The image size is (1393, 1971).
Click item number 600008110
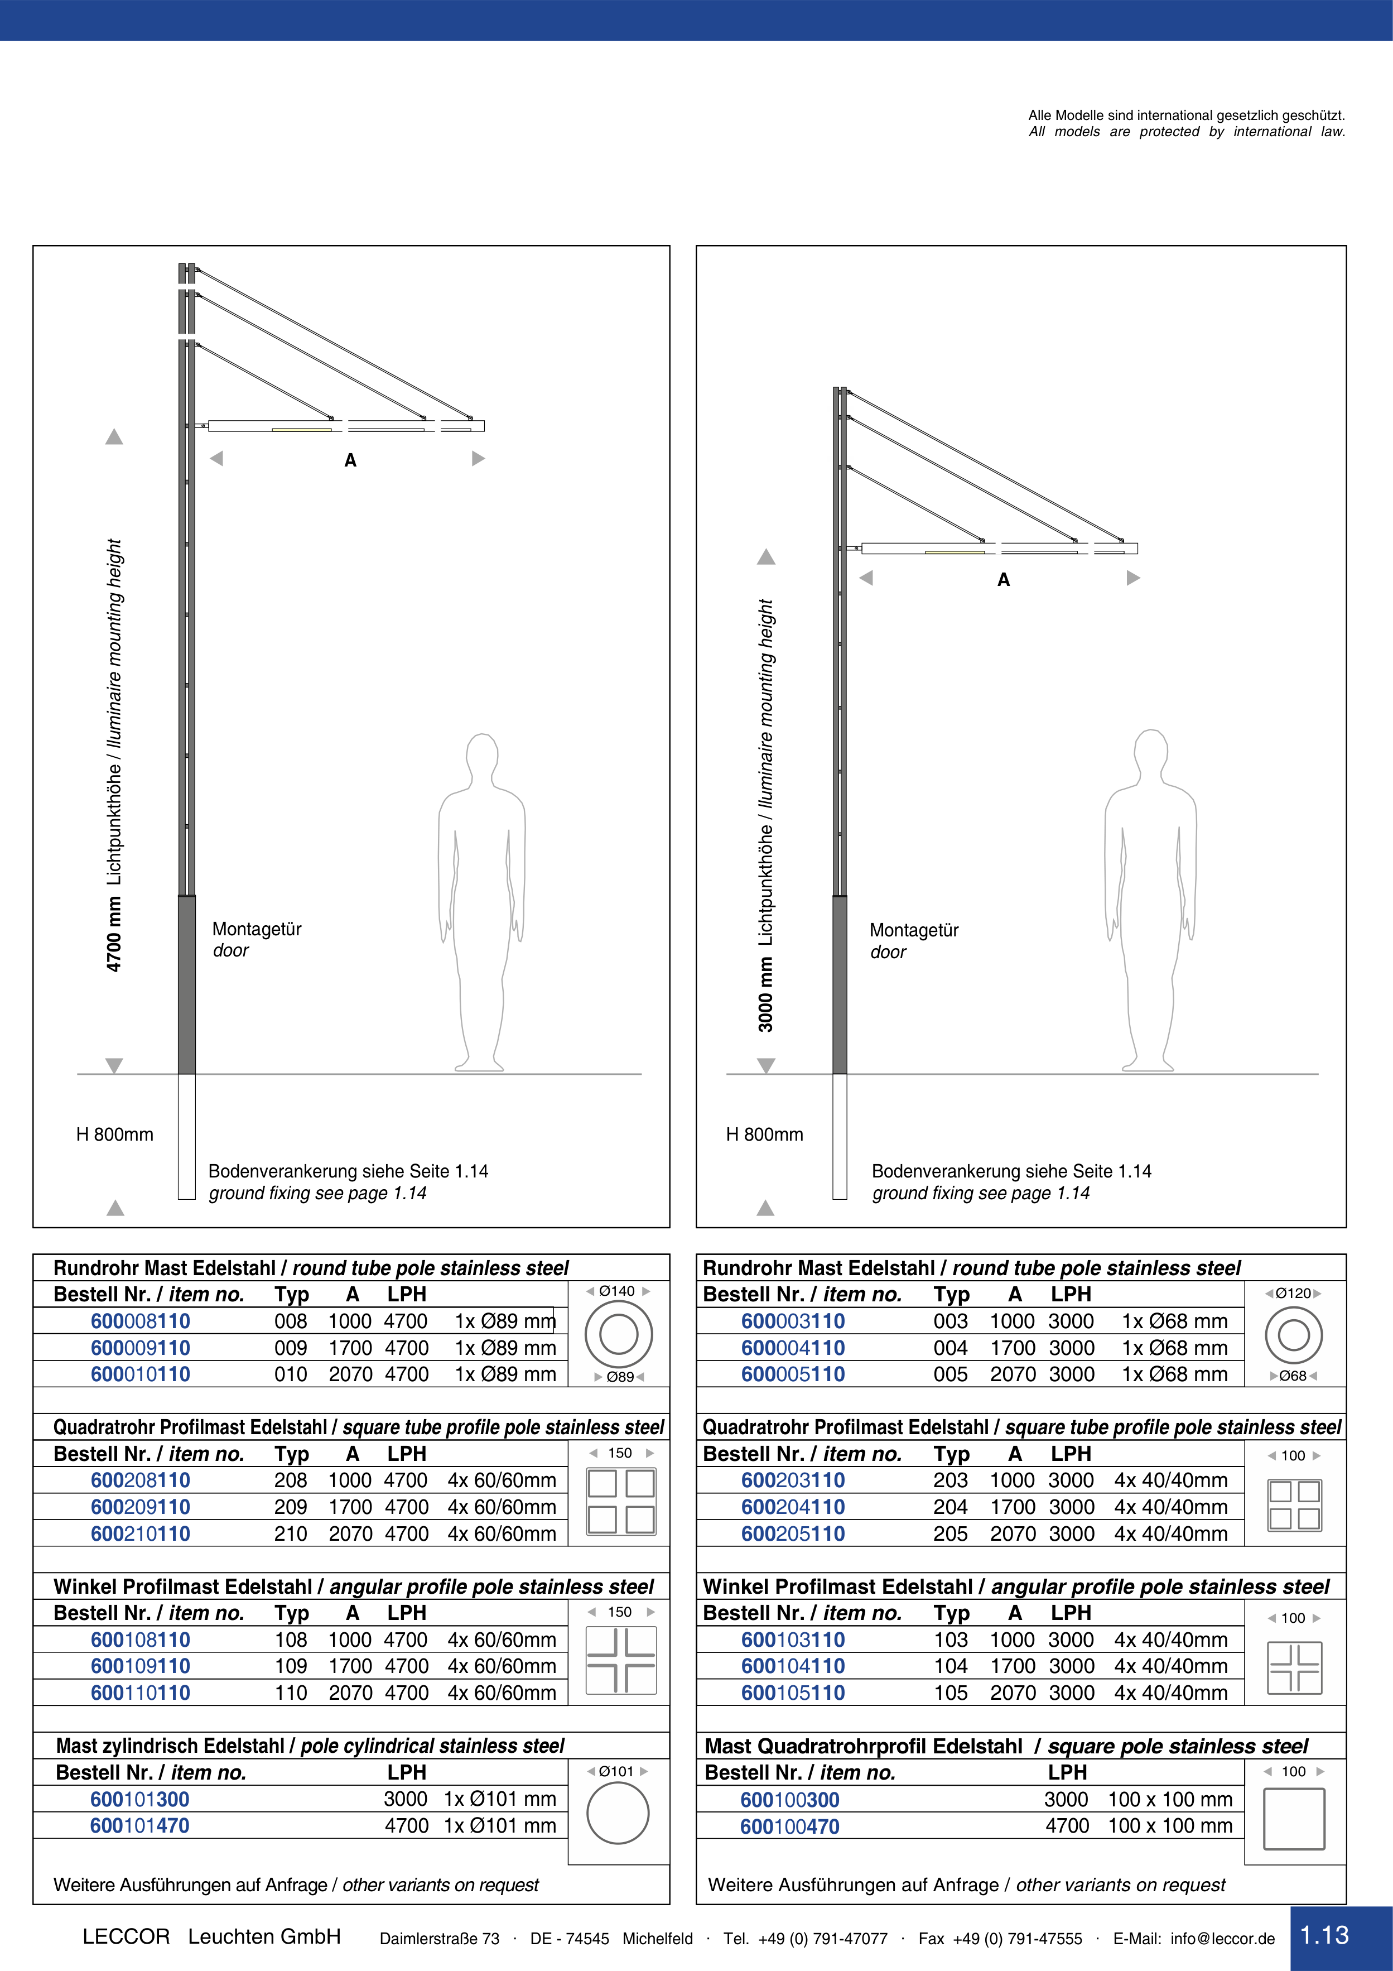click(x=140, y=1321)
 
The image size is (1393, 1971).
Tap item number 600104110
click(x=793, y=1666)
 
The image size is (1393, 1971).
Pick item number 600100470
click(x=789, y=1827)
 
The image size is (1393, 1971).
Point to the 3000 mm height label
click(x=765, y=995)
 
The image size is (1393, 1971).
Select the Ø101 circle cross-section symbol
click(x=618, y=1813)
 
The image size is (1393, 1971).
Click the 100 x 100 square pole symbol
click(x=1294, y=1819)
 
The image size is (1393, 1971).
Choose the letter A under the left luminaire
click(x=350, y=461)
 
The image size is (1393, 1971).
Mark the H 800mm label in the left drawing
click(x=115, y=1134)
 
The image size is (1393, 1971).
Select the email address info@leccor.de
click(x=1222, y=1939)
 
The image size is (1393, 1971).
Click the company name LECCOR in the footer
click(x=126, y=1936)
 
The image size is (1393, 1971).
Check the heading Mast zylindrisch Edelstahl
click(x=170, y=1746)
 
